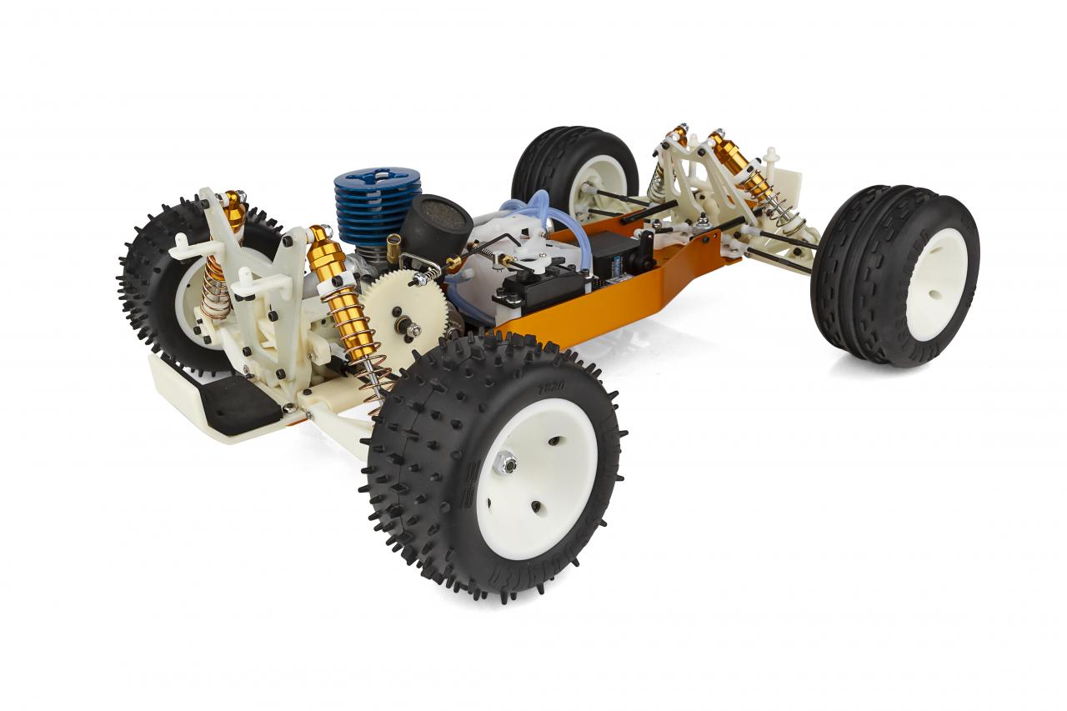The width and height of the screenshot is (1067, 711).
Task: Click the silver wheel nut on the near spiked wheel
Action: (x=505, y=463)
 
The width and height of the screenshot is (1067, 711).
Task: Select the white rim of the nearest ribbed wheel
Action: (x=935, y=284)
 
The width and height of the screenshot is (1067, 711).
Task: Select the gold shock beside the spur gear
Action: (x=342, y=292)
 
